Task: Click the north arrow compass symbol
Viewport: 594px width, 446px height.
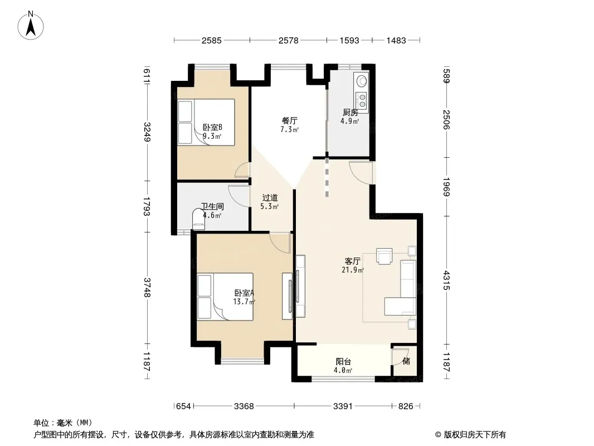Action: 31,26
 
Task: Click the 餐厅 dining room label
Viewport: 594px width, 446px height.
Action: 289,120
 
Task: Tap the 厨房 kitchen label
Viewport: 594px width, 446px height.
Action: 350,112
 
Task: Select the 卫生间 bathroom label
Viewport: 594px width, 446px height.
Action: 212,206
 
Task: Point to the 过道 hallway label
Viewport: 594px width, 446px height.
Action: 270,197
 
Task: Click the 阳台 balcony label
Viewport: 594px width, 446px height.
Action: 343,361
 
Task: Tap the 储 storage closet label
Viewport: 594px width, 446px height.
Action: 406,361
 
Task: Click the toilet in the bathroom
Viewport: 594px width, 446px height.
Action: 199,220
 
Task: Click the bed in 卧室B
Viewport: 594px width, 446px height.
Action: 206,122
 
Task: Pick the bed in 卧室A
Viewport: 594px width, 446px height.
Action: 225,297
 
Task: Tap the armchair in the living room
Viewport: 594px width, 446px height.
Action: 384,256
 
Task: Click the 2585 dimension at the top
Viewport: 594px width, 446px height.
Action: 211,41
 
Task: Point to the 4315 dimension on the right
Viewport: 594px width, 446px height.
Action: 447,280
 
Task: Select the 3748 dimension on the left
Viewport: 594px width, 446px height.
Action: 147,288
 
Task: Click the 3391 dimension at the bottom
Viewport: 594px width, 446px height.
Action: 343,406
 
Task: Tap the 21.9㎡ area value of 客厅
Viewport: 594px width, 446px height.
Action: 353,270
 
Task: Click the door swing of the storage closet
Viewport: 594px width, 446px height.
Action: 397,357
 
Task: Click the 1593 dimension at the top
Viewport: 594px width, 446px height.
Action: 349,41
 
